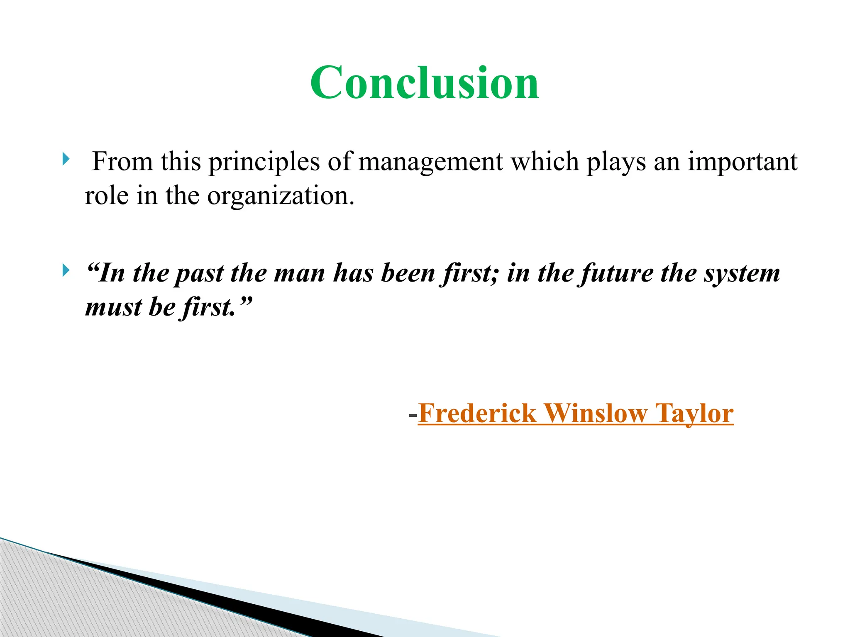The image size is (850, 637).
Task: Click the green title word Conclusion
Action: tap(424, 83)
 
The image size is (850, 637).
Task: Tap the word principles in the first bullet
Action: tap(264, 162)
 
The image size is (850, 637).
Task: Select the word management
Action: tap(430, 162)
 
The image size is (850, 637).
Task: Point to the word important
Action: tap(743, 162)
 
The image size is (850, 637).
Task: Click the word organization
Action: tap(281, 196)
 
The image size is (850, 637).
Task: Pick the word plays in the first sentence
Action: tap(616, 162)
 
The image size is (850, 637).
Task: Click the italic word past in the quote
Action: tap(199, 274)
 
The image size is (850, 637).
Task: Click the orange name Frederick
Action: tap(477, 413)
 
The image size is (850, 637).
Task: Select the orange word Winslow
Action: tap(596, 413)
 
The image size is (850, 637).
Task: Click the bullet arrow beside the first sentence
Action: tap(66, 158)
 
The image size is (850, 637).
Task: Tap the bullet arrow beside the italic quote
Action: tap(66, 270)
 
